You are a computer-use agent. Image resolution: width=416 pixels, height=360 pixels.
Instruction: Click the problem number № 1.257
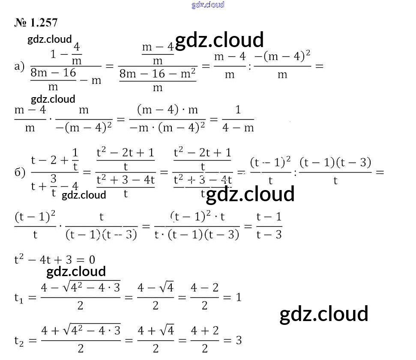(x=36, y=23)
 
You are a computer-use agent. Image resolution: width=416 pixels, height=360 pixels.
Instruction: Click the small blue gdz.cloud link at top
(x=208, y=5)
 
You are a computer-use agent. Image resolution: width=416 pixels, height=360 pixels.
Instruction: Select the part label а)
(x=19, y=66)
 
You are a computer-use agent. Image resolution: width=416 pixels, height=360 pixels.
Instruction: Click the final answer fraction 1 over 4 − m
(x=238, y=119)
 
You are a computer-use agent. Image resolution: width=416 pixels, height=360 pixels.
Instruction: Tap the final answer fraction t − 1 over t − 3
(x=269, y=226)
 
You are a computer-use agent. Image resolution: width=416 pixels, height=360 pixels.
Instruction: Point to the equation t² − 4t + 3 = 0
(x=54, y=260)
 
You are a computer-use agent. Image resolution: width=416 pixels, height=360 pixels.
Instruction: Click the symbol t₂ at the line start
(x=20, y=341)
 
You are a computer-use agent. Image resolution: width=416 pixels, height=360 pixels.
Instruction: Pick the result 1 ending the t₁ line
(x=239, y=297)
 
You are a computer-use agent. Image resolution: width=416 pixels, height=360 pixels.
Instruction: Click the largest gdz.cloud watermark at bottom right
(x=323, y=314)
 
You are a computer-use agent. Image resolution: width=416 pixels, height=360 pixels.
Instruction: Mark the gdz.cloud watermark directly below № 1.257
(x=50, y=39)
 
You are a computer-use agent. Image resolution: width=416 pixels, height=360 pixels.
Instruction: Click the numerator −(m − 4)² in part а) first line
(x=282, y=56)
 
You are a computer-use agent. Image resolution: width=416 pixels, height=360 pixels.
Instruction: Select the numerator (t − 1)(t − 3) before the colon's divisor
(x=335, y=163)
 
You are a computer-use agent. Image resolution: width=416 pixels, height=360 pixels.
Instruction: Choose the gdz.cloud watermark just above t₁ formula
(x=76, y=271)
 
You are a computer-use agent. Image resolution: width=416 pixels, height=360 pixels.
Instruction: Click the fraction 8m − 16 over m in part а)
(x=53, y=80)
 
